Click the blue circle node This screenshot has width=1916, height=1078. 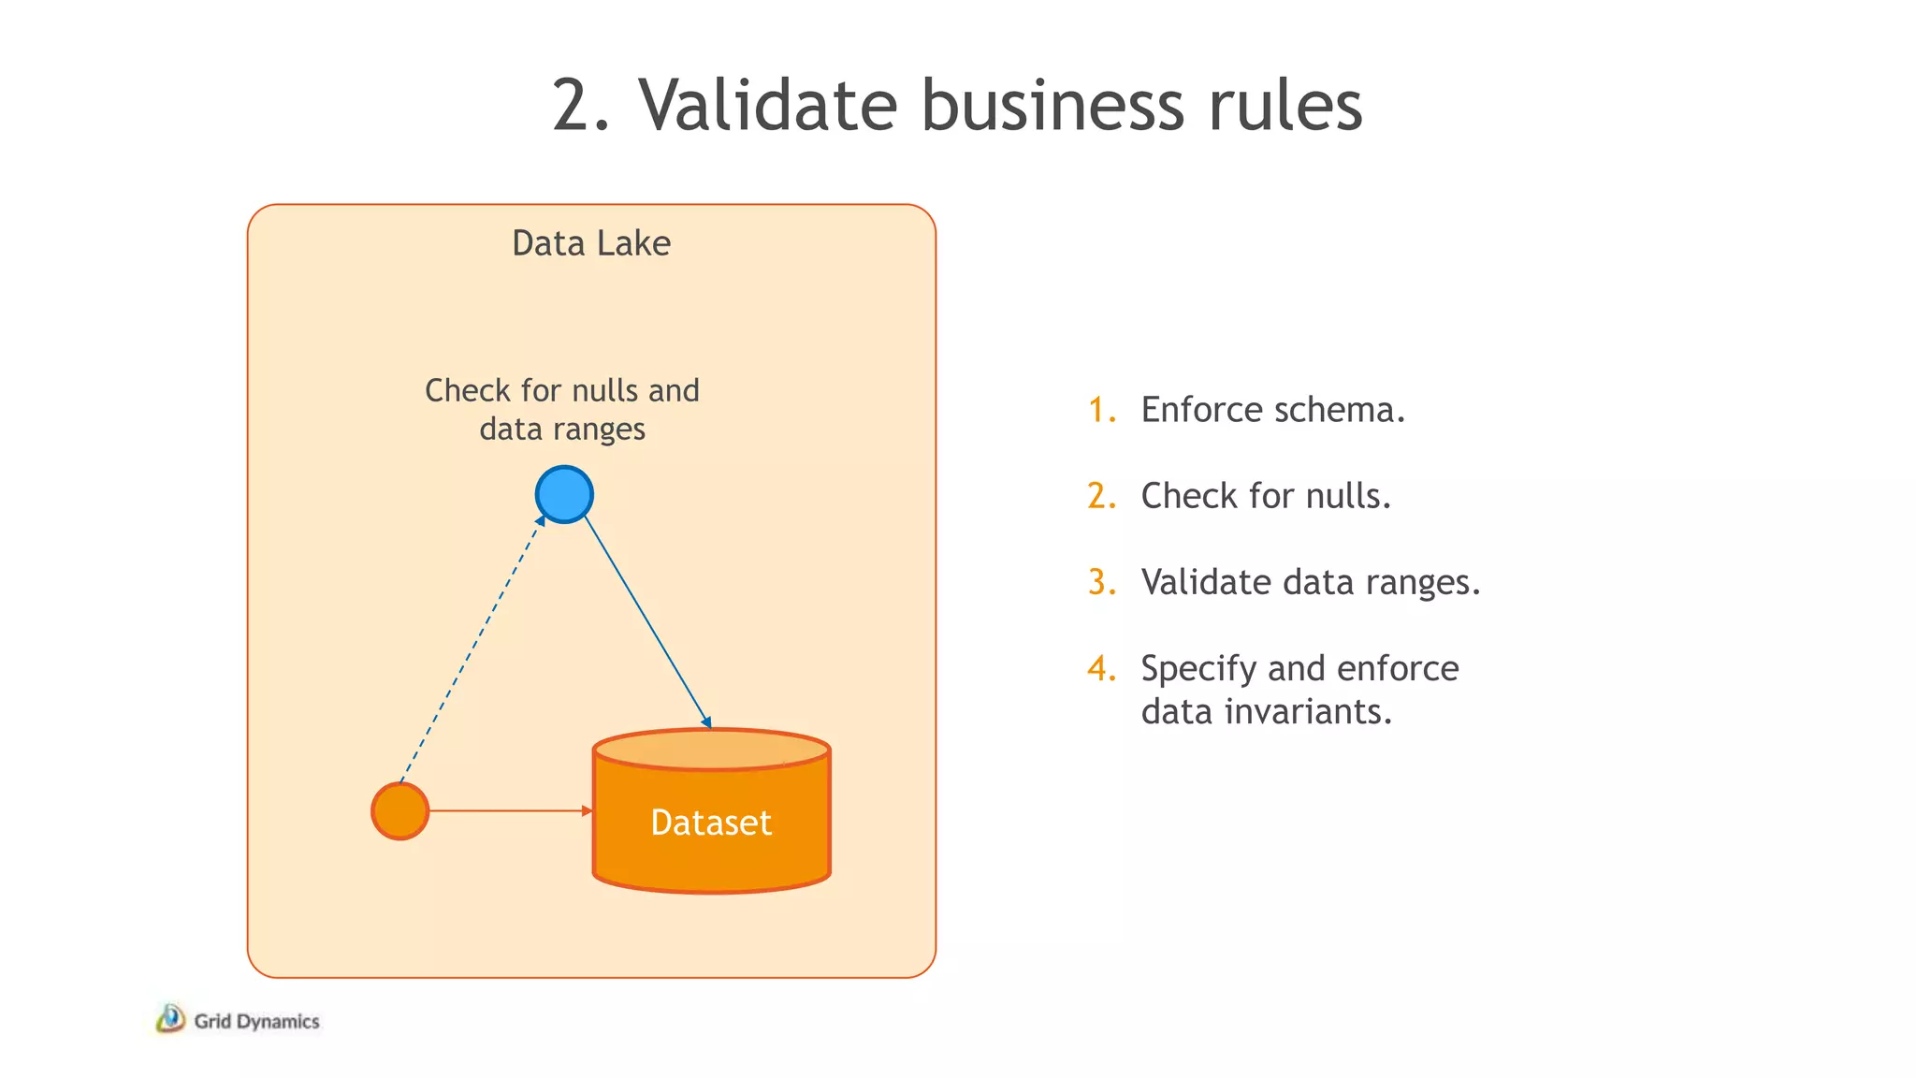click(564, 494)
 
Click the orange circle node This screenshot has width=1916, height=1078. click(400, 810)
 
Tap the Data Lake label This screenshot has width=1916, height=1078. click(590, 243)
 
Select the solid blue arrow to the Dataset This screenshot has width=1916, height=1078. click(647, 621)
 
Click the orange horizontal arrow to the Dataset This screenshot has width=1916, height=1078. click(510, 810)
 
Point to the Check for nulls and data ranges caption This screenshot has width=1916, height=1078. click(562, 409)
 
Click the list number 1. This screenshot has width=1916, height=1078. click(1101, 410)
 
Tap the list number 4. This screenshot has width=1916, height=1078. click(1101, 668)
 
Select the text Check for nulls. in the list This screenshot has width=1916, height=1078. click(1265, 496)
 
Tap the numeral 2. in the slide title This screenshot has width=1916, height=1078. click(580, 105)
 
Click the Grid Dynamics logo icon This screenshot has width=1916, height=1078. click(170, 1019)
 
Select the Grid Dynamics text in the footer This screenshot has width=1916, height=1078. click(256, 1021)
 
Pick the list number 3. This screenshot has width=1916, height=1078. click(1101, 582)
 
